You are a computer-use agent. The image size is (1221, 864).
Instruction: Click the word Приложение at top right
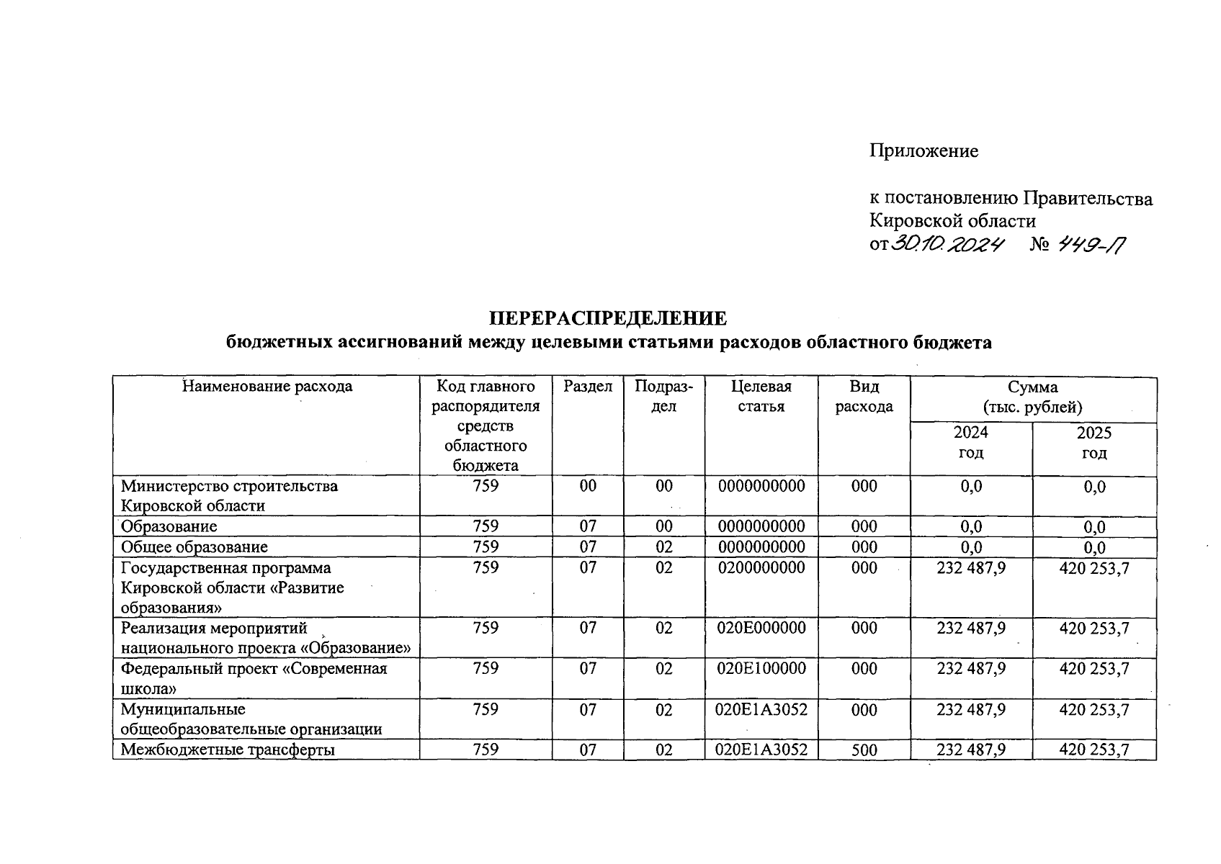coord(923,151)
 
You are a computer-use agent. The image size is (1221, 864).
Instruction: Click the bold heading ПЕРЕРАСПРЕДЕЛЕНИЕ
coord(609,318)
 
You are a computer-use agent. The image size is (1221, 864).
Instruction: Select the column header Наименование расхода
coord(267,387)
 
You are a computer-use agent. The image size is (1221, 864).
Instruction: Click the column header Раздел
coord(588,387)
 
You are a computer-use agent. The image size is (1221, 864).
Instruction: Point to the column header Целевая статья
coord(761,396)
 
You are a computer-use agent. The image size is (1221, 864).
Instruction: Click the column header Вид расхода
coord(864,396)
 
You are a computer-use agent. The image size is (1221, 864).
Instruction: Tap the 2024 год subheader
coord(970,443)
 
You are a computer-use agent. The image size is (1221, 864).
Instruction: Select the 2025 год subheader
coord(1093,443)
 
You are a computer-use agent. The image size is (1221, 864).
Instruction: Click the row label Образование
coord(169,526)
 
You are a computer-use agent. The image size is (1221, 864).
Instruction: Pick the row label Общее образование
coord(194,547)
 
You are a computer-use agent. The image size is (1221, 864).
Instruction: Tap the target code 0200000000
coord(761,568)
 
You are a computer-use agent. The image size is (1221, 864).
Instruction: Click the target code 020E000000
coord(761,628)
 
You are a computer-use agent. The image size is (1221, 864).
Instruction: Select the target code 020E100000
coord(761,669)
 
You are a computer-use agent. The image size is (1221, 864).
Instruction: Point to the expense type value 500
coord(864,750)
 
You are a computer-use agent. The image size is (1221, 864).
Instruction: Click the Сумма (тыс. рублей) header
coord(1033,397)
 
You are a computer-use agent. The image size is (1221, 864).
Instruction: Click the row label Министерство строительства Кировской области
coord(229,495)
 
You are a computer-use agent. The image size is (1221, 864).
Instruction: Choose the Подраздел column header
coord(663,396)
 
